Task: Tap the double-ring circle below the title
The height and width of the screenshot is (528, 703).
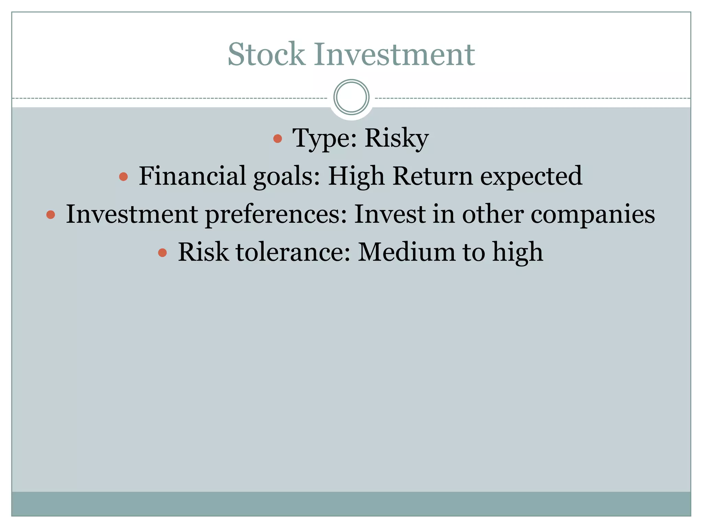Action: pos(351,97)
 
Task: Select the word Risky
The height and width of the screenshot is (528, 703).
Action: pos(396,139)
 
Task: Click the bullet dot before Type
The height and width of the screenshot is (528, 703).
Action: pos(277,139)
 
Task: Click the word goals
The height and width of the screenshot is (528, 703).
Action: pos(287,177)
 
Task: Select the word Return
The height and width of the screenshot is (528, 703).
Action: pos(433,176)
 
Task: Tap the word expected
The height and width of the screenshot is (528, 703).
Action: pos(531,177)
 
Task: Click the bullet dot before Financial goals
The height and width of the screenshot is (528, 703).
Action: pos(123,177)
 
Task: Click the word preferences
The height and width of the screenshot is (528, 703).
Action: pos(276,214)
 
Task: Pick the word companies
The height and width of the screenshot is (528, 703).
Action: pos(593,214)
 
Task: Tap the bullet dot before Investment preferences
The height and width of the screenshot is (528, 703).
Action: pos(50,215)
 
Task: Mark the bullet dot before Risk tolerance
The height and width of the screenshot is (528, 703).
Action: pos(162,253)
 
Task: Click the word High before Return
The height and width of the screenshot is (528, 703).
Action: pos(356,177)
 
